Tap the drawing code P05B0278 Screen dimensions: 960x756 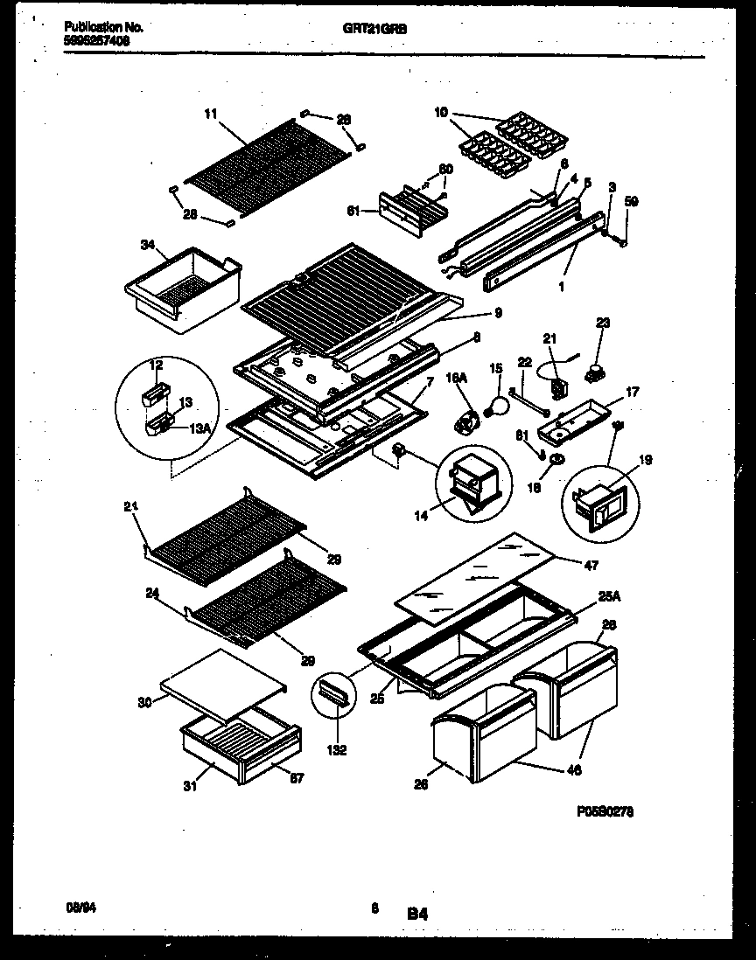click(605, 811)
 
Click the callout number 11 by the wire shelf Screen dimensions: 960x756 click(211, 114)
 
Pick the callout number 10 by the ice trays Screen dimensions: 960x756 click(440, 111)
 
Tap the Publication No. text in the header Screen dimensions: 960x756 click(104, 28)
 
